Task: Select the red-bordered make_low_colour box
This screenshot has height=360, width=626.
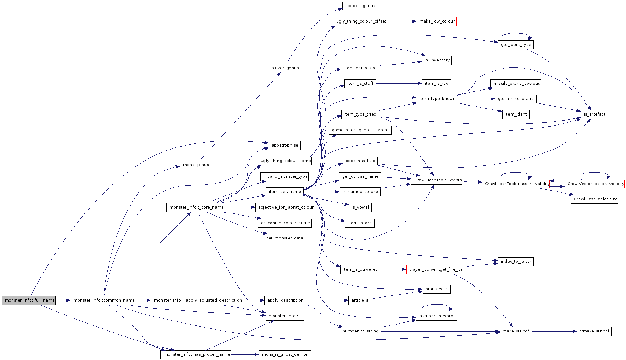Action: [x=436, y=21]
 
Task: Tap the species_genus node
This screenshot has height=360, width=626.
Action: [x=360, y=6]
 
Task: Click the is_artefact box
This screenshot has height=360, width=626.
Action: [x=595, y=114]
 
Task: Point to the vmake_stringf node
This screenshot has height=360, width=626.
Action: [x=594, y=331]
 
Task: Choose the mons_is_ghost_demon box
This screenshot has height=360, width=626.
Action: [x=285, y=354]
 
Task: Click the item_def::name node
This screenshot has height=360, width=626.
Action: [x=285, y=192]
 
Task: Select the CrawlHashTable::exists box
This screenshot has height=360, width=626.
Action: [x=436, y=180]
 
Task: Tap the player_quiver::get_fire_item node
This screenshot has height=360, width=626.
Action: [x=436, y=269]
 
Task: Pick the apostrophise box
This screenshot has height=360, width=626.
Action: [x=285, y=145]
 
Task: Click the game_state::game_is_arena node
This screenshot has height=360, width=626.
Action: [x=361, y=130]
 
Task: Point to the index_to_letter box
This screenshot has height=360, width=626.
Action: [x=516, y=262]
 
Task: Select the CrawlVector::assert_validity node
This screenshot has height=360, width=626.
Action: [x=595, y=184]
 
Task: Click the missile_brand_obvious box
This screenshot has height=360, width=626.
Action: [x=516, y=84]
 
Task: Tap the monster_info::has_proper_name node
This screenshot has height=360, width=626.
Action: [x=196, y=354]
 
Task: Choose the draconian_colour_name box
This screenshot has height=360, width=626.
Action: [x=285, y=223]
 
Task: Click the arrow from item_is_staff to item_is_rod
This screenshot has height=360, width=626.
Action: [x=399, y=84]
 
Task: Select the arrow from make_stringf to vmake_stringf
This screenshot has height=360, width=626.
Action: [x=554, y=331]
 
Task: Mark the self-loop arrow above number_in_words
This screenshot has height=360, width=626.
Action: [x=437, y=305]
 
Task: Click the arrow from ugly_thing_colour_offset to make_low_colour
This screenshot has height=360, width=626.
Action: [x=402, y=21]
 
